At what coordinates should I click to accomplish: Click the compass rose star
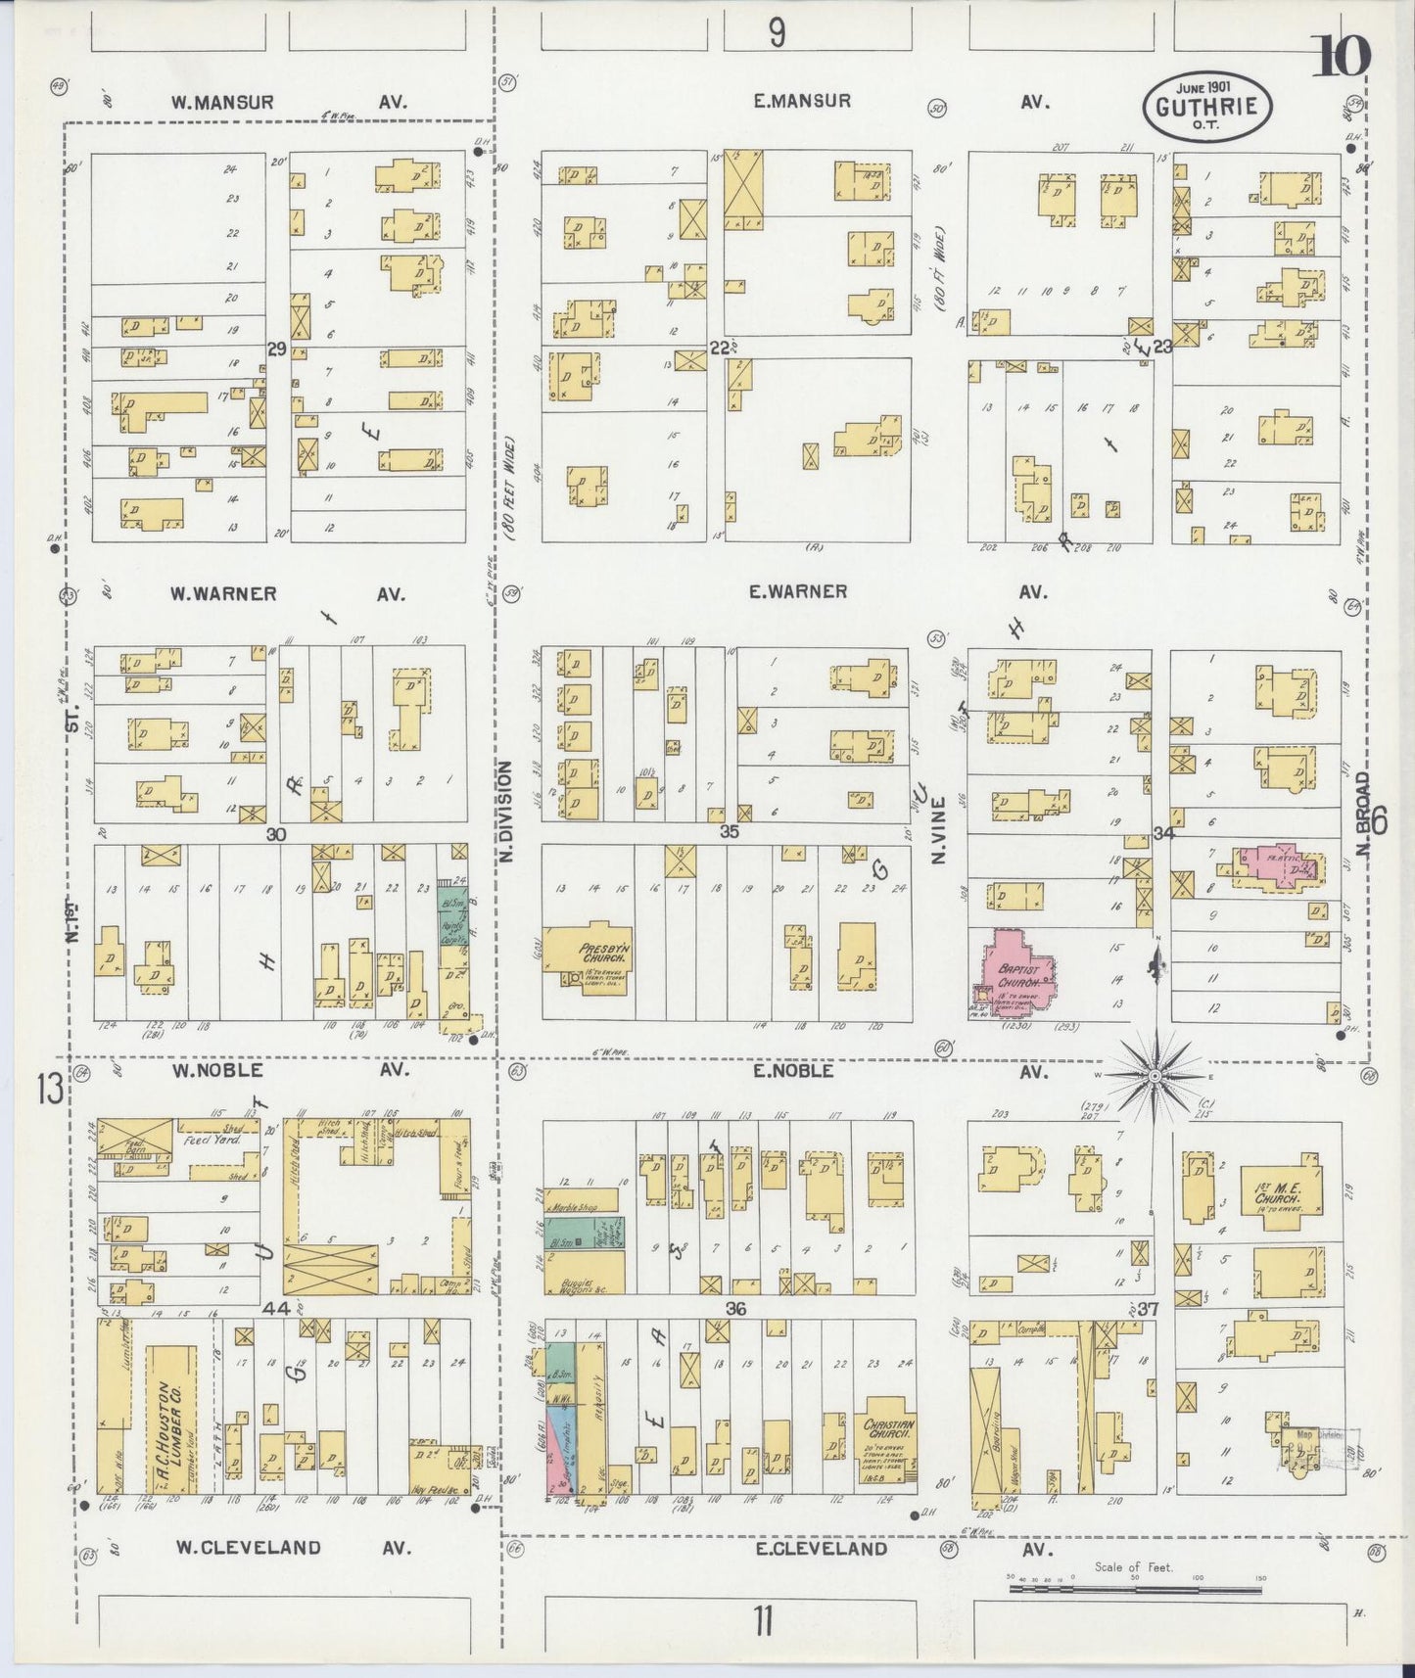[x=1156, y=1076]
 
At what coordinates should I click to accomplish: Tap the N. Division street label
[x=506, y=812]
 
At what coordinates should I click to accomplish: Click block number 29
[x=276, y=349]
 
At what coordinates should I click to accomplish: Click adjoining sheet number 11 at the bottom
[x=763, y=1622]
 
